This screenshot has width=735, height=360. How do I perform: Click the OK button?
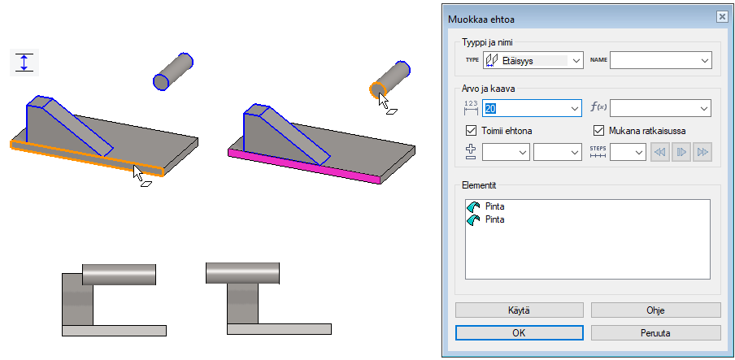(x=519, y=333)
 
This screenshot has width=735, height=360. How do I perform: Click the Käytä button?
(x=519, y=310)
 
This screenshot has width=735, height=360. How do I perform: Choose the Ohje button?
(x=655, y=310)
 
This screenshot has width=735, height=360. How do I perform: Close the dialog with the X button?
(x=721, y=17)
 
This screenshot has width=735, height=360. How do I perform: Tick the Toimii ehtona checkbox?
(x=471, y=130)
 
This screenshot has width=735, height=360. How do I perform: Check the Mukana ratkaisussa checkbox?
(x=598, y=130)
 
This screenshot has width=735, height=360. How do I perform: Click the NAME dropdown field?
(x=660, y=60)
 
